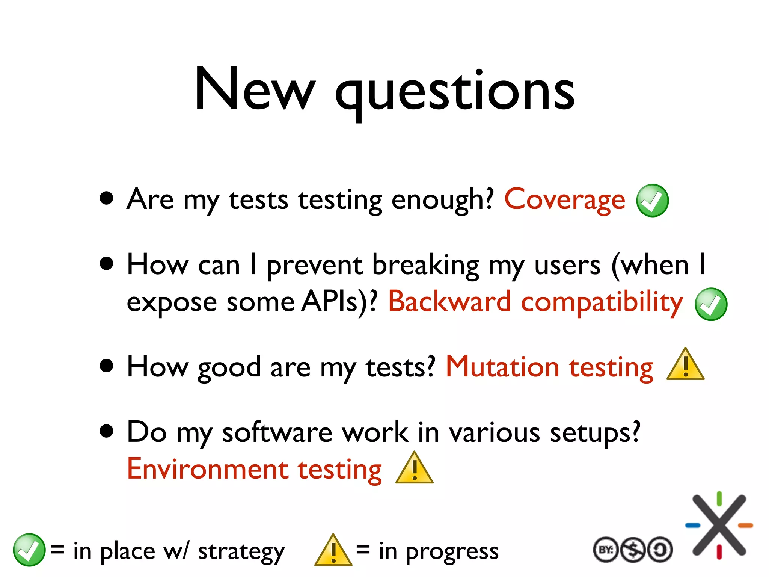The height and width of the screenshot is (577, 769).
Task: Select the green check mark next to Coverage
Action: coord(653,201)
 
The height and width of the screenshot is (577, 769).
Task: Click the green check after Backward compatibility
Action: coord(711,304)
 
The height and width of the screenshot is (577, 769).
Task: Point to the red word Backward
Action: coord(449,301)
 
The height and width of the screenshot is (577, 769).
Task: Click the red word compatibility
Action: coord(602,303)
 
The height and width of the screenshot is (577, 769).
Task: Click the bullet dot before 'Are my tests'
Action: coord(107,198)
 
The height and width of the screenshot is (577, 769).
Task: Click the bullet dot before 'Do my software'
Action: coord(107,432)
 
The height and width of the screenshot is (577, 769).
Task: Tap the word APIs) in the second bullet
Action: coord(339,301)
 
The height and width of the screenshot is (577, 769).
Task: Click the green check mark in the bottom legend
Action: coord(29,550)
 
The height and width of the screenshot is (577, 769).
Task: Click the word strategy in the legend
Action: coord(241,551)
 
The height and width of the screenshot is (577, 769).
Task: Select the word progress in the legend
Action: coord(452,551)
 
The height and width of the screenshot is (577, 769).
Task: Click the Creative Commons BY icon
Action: coord(605,550)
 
